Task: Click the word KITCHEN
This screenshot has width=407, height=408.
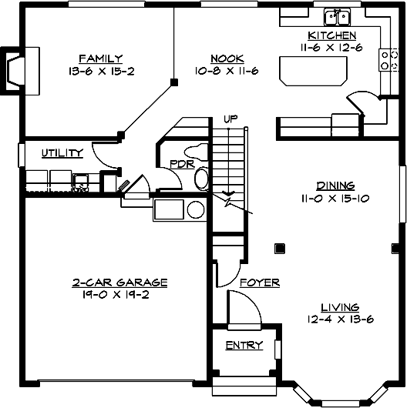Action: [x=331, y=35]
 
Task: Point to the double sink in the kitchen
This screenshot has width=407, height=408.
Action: [x=337, y=16]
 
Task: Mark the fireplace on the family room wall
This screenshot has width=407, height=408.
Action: [x=17, y=70]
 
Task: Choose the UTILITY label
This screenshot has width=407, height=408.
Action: [x=62, y=153]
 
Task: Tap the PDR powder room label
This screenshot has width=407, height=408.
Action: [x=182, y=162]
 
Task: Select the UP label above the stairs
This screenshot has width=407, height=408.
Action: [x=230, y=119]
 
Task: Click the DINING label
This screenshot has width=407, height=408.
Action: [x=335, y=185]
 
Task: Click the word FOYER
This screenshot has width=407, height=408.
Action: [x=259, y=283]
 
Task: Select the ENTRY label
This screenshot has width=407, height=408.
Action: [x=244, y=346]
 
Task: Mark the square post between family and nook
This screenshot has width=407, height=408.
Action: [x=174, y=82]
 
